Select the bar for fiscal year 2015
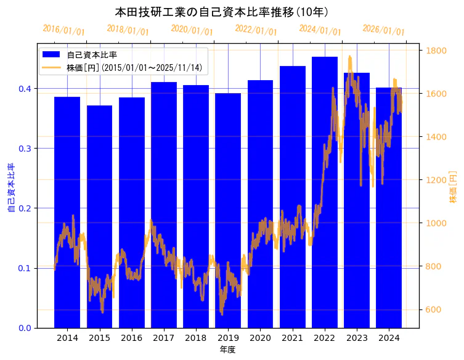(x=99, y=185)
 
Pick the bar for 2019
(x=228, y=185)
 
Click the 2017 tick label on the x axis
(x=164, y=338)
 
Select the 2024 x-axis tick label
(x=389, y=338)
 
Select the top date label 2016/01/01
(x=64, y=30)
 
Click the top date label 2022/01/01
(x=256, y=30)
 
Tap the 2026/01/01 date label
(x=384, y=30)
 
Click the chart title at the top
(x=222, y=12)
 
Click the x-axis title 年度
(x=227, y=350)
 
